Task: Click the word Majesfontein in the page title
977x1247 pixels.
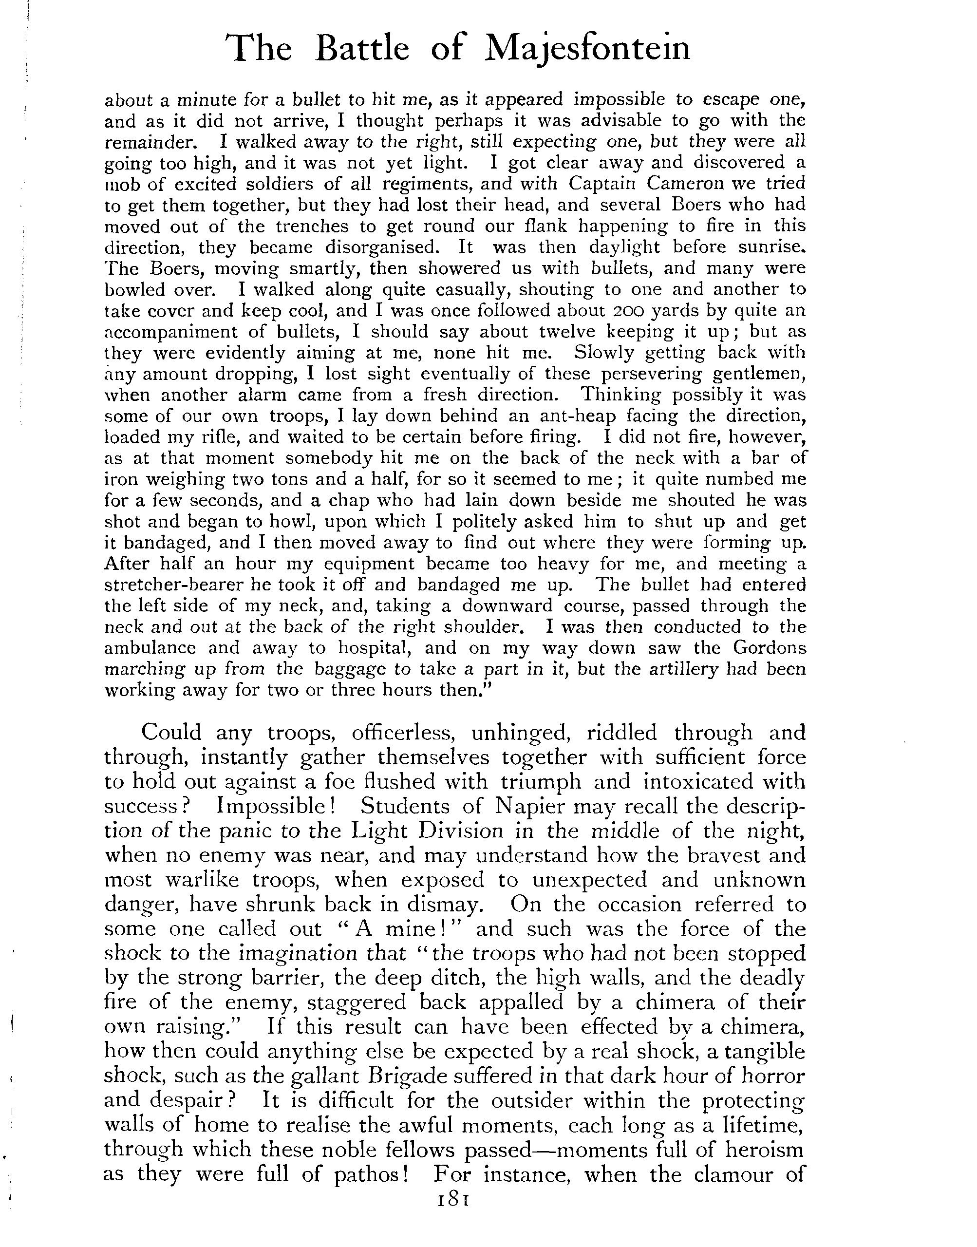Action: [x=587, y=48]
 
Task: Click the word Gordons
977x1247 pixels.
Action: [x=770, y=648]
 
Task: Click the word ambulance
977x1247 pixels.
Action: [x=150, y=648]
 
